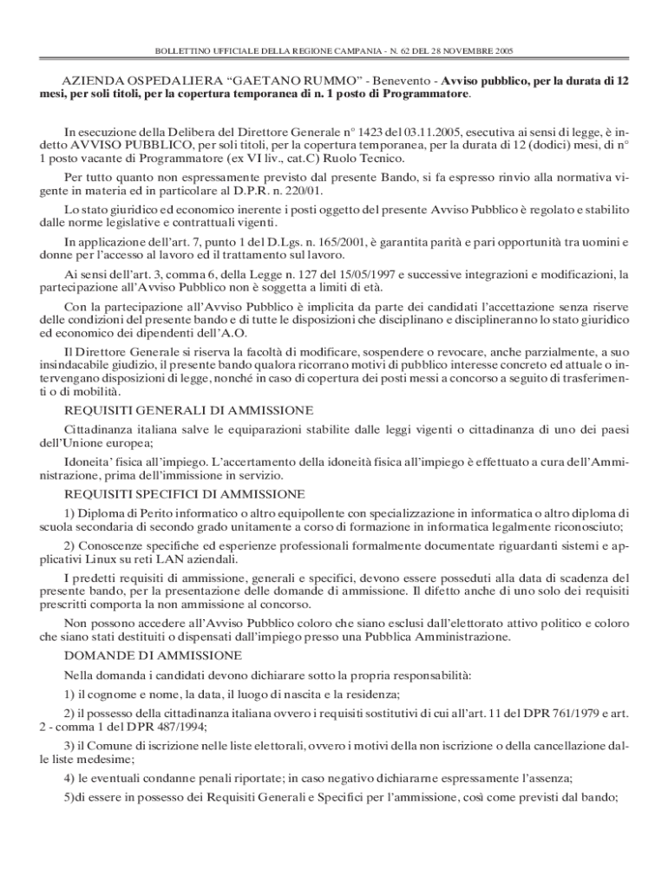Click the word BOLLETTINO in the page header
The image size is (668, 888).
point(176,51)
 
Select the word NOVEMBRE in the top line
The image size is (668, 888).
point(469,51)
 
